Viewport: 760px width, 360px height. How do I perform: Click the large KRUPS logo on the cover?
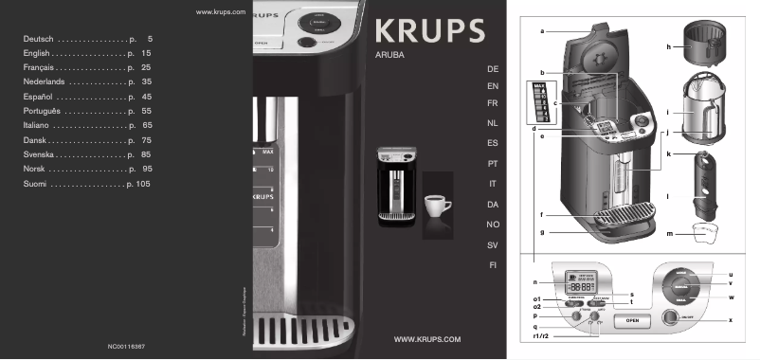(x=429, y=31)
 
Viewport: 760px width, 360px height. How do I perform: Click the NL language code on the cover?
(x=492, y=124)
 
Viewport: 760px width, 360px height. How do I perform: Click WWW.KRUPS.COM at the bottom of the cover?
(x=426, y=338)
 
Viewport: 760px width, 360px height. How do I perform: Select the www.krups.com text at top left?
(x=220, y=11)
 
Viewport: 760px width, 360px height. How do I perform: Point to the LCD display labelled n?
(x=580, y=283)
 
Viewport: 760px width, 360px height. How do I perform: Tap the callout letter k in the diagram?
(x=668, y=152)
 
